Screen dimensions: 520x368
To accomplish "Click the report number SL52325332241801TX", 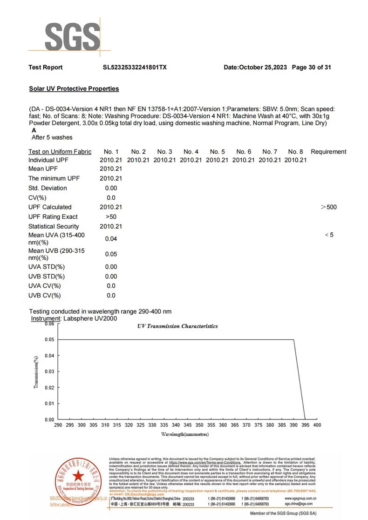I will pyautogui.click(x=135, y=68).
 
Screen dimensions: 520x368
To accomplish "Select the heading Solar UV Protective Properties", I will pyautogui.click(x=74, y=88).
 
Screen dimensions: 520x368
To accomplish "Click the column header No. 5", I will pyautogui.click(x=217, y=152).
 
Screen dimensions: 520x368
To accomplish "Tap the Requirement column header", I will pyautogui.click(x=328, y=152).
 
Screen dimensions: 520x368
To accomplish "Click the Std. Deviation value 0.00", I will pyautogui.click(x=111, y=188).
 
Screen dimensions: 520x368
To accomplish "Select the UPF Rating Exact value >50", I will pyautogui.click(x=111, y=217).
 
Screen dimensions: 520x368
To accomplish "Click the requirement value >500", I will pyautogui.click(x=329, y=207).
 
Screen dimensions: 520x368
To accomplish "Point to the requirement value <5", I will pyautogui.click(x=329, y=235).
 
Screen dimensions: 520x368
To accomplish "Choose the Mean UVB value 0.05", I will pyautogui.click(x=111, y=254).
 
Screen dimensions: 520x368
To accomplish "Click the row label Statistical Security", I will pyautogui.click(x=54, y=226).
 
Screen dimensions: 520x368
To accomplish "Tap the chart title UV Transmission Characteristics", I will pyautogui.click(x=177, y=326).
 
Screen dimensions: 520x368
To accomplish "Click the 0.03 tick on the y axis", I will pyautogui.click(x=49, y=371).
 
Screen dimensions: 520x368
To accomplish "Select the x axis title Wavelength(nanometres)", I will pyautogui.click(x=185, y=434).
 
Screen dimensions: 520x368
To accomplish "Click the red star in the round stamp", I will pyautogui.click(x=77, y=475).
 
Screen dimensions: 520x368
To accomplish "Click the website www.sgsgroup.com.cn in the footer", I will pyautogui.click(x=301, y=498).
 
